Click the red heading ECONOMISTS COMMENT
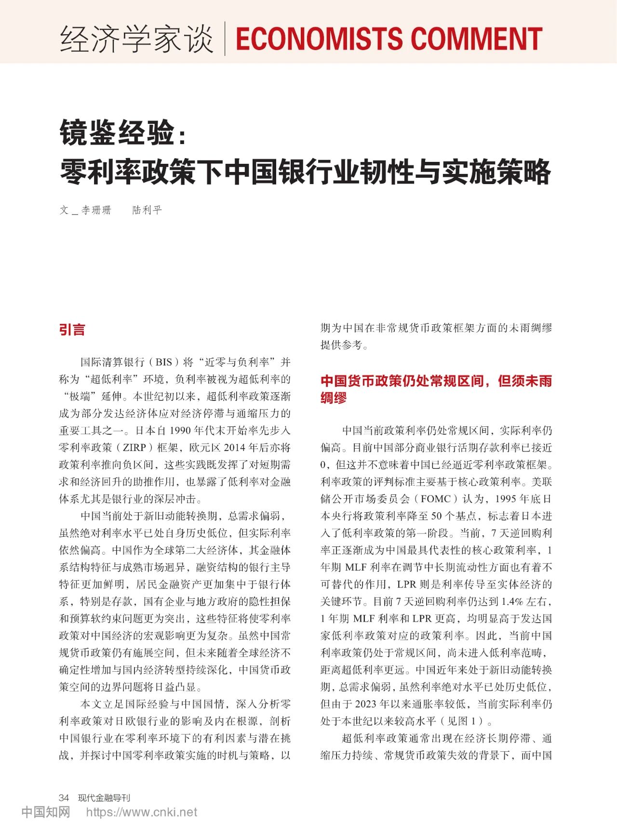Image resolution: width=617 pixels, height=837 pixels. click(x=389, y=39)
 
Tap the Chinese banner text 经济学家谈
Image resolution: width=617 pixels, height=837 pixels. click(x=136, y=39)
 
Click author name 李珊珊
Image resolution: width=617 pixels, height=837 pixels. click(x=96, y=210)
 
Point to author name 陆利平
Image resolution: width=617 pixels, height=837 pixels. click(x=147, y=210)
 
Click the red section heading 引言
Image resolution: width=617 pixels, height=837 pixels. click(x=72, y=330)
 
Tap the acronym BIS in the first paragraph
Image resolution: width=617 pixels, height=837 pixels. click(x=163, y=362)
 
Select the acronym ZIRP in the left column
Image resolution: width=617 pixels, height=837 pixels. click(x=134, y=448)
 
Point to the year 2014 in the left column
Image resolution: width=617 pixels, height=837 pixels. click(x=234, y=448)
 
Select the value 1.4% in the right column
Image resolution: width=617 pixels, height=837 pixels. click(x=512, y=602)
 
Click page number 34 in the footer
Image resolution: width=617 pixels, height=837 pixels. click(x=64, y=798)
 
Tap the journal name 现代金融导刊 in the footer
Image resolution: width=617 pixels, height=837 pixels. click(x=104, y=798)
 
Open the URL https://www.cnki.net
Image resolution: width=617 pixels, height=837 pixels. click(x=142, y=812)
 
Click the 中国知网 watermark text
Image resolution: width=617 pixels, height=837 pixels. click(x=46, y=812)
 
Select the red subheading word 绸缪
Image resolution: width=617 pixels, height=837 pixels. click(x=334, y=398)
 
